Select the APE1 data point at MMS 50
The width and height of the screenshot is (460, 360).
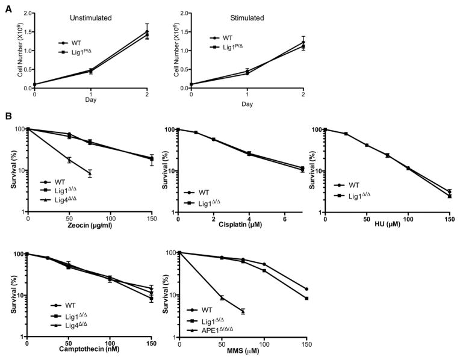[x=222, y=297]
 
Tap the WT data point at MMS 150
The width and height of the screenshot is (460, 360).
[x=306, y=289]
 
